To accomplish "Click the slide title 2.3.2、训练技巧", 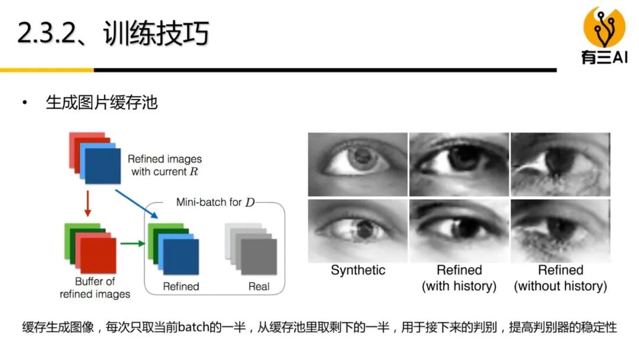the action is pyautogui.click(x=112, y=34).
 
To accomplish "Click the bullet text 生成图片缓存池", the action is pyautogui.click(x=102, y=103).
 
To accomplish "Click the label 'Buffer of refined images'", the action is pyautogui.click(x=95, y=287).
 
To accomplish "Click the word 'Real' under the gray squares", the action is pyautogui.click(x=259, y=287).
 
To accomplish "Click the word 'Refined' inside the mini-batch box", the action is pyautogui.click(x=181, y=287).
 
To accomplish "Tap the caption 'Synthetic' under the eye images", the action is pyautogui.click(x=358, y=271).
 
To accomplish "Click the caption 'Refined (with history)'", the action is pyautogui.click(x=459, y=278).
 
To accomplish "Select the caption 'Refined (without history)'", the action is pyautogui.click(x=560, y=278).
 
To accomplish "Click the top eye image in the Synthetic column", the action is pyautogui.click(x=358, y=164).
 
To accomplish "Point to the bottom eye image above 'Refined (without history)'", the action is pyautogui.click(x=560, y=231).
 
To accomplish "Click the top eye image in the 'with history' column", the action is pyautogui.click(x=459, y=164).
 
